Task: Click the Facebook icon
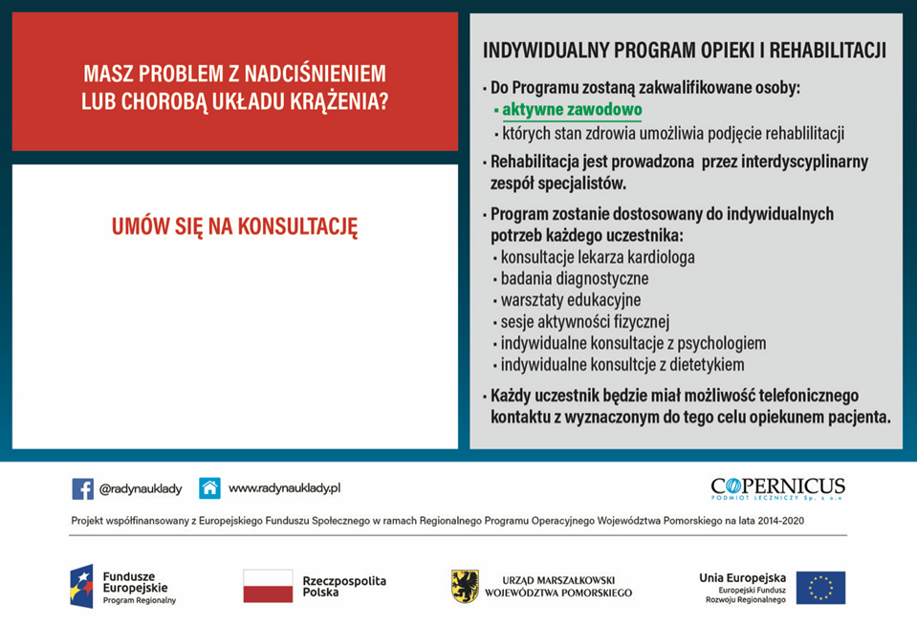point(82,488)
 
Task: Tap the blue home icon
point(209,488)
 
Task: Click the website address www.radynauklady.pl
point(284,488)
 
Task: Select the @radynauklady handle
point(140,488)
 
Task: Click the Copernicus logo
point(777,488)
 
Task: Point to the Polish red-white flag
point(268,586)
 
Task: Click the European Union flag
point(820,587)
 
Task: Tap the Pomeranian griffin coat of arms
point(465,586)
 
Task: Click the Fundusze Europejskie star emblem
point(81,586)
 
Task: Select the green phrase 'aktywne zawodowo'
point(572,110)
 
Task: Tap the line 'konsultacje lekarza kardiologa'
point(598,257)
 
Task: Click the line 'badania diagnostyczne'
point(575,279)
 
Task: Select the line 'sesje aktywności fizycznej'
point(585,321)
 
